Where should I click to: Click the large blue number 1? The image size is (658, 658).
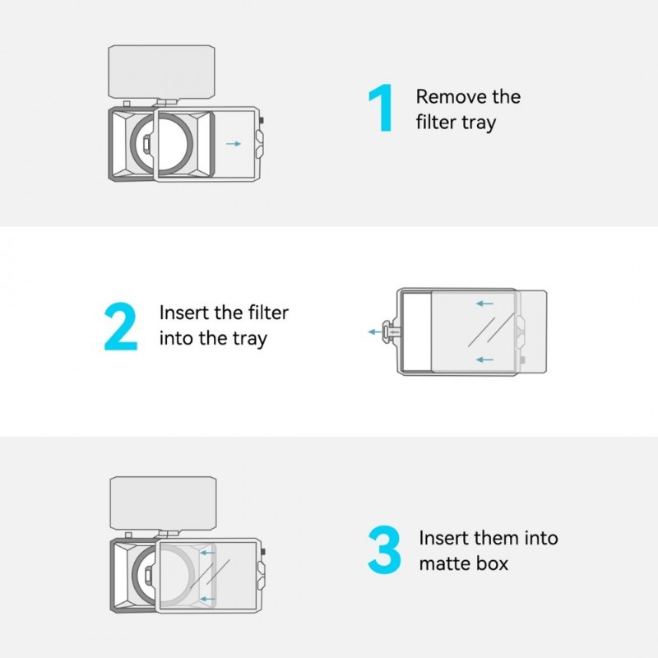(x=381, y=108)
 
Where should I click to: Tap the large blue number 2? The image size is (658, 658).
(x=121, y=326)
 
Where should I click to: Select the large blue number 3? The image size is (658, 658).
(x=384, y=549)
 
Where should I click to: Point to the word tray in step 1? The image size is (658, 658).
(x=479, y=123)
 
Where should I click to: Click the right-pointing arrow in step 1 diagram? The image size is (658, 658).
(x=234, y=144)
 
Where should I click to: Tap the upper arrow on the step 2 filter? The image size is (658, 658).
(x=484, y=304)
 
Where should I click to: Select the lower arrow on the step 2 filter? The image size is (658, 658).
(x=484, y=359)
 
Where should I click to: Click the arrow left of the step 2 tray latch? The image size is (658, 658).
(x=375, y=332)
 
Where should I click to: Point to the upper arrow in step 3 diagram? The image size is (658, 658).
(x=207, y=553)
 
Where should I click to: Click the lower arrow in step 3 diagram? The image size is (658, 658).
(x=207, y=599)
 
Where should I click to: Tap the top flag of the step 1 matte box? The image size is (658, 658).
(x=161, y=72)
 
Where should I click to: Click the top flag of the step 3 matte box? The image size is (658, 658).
(x=163, y=503)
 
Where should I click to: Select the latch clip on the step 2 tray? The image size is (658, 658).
(x=390, y=332)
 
